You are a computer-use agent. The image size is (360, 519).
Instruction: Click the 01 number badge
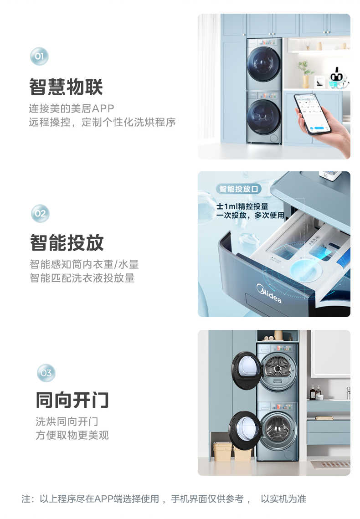tap(39, 57)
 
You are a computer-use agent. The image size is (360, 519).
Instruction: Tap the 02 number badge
tap(40, 213)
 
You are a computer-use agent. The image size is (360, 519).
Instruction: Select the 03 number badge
tap(46, 373)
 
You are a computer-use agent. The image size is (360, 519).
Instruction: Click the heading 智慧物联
tap(66, 87)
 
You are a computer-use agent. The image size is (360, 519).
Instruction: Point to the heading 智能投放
tap(67, 243)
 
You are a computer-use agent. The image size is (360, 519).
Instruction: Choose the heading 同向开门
tap(72, 400)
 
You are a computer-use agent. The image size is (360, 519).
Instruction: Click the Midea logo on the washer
tap(269, 293)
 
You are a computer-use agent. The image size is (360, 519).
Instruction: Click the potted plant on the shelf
tap(305, 73)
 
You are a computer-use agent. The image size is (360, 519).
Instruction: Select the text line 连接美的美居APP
tap(72, 108)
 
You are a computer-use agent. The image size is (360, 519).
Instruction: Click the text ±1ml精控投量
tap(242, 206)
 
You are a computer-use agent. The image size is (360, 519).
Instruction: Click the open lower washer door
tap(245, 430)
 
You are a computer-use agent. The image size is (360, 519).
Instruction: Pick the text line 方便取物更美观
tap(72, 436)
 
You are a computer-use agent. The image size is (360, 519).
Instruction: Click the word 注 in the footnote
tap(26, 499)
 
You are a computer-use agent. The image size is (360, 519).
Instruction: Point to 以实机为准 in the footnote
tap(283, 499)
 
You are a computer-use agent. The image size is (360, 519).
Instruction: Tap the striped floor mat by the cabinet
tap(331, 464)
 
